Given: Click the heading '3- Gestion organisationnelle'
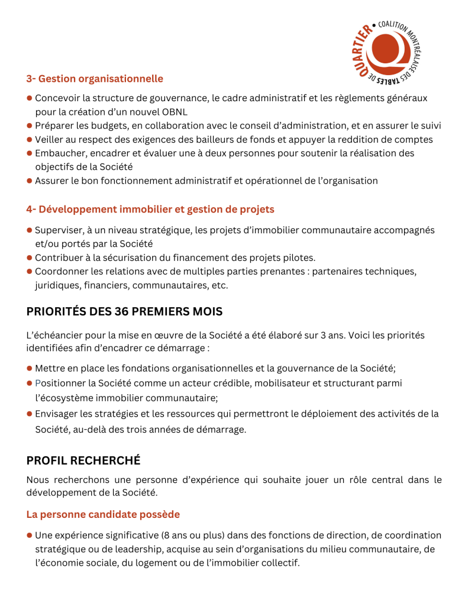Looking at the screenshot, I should [x=95, y=79].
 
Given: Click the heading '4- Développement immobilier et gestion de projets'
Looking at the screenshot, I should [x=150, y=209].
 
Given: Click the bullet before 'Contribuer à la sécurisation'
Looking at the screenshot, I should [x=29, y=257].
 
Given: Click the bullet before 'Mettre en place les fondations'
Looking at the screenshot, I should [x=29, y=369].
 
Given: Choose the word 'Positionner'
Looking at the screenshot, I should [x=62, y=383].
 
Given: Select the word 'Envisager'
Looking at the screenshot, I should [x=58, y=414].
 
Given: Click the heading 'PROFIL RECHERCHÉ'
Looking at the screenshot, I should [x=83, y=460].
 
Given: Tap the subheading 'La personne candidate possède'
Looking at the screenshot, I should [x=103, y=514].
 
